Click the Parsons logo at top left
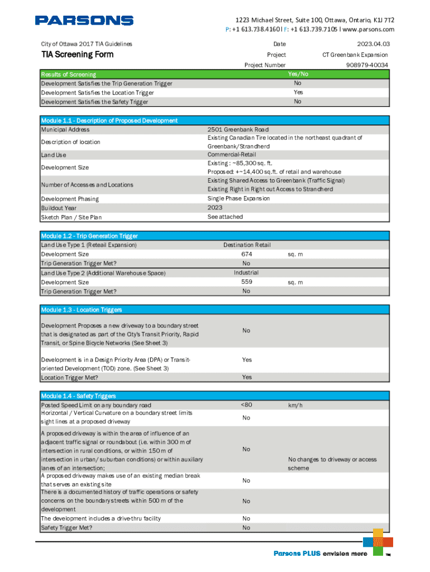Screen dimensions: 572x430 [x=84, y=21]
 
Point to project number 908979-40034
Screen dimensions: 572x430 [x=367, y=65]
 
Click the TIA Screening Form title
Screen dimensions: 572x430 [x=77, y=54]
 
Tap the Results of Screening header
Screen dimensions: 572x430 [x=69, y=74]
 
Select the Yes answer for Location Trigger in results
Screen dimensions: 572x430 [x=298, y=92]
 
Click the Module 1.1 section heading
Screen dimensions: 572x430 [x=109, y=121]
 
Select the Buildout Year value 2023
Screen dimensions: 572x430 [x=215, y=207]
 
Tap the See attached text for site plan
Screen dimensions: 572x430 [x=225, y=217]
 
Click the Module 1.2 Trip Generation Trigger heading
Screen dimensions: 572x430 [x=89, y=236]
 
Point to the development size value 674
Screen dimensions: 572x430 [x=246, y=254]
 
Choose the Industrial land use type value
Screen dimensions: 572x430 [x=246, y=273]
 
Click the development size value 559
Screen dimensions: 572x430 [x=246, y=282]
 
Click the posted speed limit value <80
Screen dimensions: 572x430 [x=246, y=405]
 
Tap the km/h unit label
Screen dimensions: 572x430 [x=295, y=405]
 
